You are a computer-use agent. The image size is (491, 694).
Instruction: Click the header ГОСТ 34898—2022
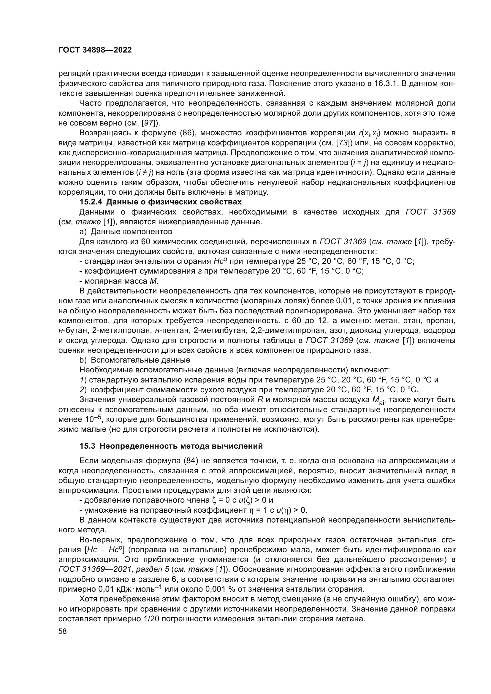pos(95,50)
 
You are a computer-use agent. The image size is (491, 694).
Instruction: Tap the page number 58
pos(63,631)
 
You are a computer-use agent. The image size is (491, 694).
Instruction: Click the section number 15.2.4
pos(91,202)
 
